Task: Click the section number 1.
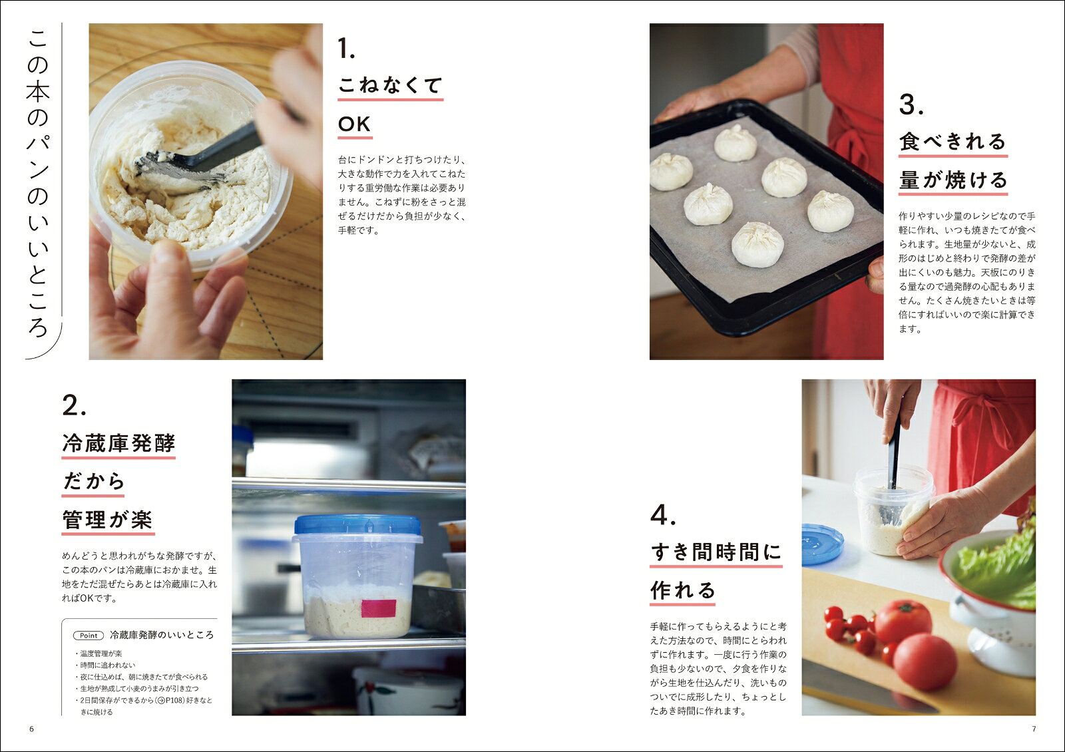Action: point(345,49)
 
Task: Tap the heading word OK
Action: point(354,124)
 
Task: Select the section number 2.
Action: point(74,405)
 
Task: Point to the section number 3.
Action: point(911,104)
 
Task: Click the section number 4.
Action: point(663,514)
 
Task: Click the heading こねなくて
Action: point(390,86)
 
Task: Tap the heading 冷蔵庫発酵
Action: point(118,443)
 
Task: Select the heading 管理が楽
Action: point(107,520)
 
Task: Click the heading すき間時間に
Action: point(716,552)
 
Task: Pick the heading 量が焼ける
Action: point(953,180)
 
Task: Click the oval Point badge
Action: point(89,636)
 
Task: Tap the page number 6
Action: point(32,729)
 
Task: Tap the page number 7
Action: point(1034,729)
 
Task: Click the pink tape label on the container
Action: point(379,608)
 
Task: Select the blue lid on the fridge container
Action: point(357,525)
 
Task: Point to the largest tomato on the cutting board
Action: point(925,661)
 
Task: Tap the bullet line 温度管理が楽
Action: point(101,654)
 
